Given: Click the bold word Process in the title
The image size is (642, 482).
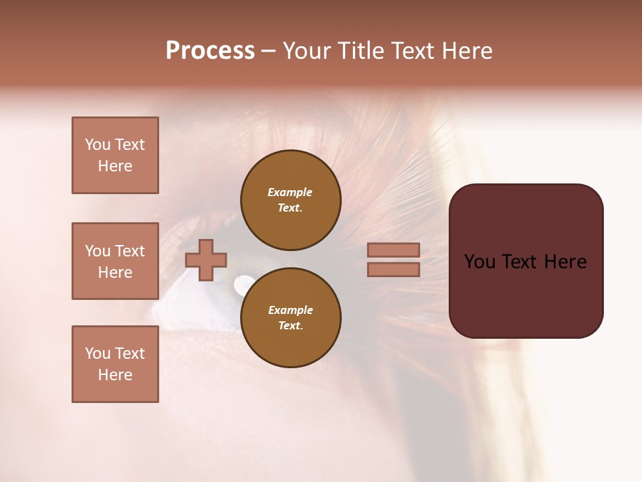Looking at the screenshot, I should [x=210, y=51].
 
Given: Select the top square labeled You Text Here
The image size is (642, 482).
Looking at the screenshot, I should [x=115, y=155].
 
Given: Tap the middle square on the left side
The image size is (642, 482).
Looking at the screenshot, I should [x=115, y=261].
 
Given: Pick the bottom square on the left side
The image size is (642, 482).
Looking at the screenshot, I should [x=115, y=364].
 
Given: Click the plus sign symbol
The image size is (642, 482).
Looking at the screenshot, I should [x=206, y=260].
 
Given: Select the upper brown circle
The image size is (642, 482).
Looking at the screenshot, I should [x=290, y=200].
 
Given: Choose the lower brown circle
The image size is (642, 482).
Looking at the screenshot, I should [x=290, y=317].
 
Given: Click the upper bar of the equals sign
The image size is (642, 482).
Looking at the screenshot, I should [x=393, y=250].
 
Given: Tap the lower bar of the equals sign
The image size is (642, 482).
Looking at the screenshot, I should [x=393, y=269].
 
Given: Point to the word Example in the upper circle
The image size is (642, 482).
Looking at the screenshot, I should [x=290, y=192].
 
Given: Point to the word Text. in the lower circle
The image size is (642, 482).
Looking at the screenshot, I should [x=290, y=325].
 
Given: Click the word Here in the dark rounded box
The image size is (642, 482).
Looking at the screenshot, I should [x=565, y=262].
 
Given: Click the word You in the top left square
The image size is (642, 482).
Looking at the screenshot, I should [x=98, y=145].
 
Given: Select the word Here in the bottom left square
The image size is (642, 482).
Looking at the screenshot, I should [x=115, y=375].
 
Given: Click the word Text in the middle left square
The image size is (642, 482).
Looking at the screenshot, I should [x=130, y=251].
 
